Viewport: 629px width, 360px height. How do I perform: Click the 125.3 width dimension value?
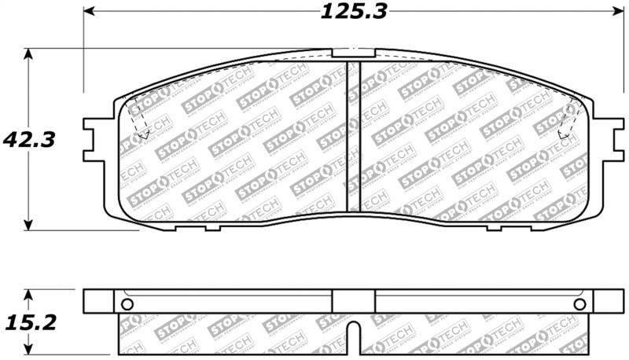(355, 13)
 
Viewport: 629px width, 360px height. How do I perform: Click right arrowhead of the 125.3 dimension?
(617, 12)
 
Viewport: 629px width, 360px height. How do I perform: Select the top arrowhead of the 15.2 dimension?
(29, 295)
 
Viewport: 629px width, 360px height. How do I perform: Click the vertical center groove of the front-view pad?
(354, 138)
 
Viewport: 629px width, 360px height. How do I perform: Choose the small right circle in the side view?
(579, 304)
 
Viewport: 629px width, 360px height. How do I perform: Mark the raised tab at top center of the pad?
(354, 54)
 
